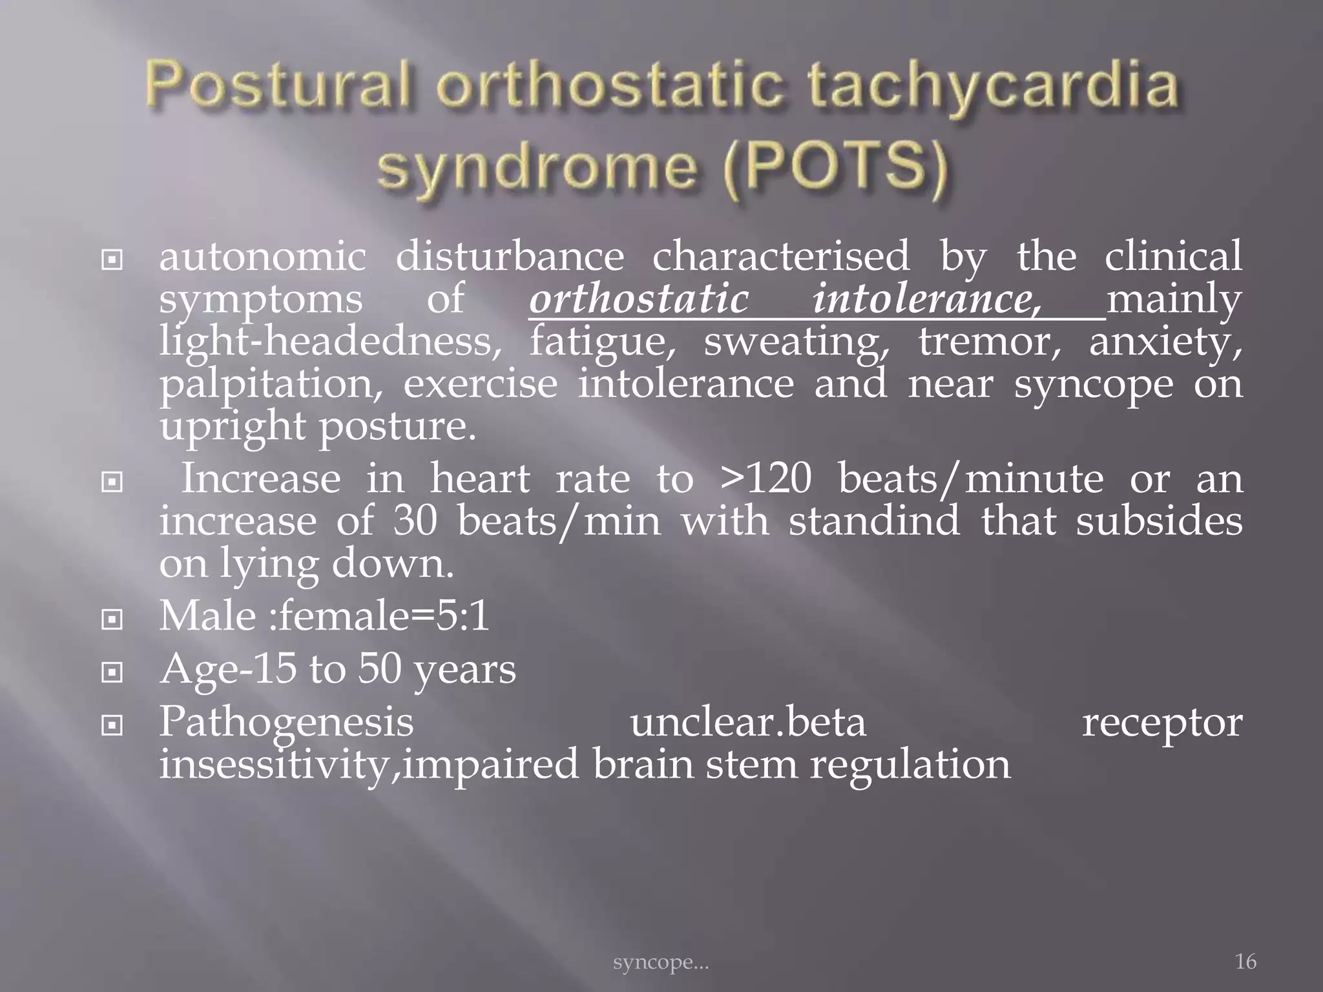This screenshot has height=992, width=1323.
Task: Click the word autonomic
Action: (x=262, y=256)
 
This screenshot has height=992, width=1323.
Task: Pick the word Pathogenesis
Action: (x=286, y=721)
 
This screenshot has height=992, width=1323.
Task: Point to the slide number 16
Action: (x=1245, y=962)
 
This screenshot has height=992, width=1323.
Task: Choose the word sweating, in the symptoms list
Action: (x=797, y=342)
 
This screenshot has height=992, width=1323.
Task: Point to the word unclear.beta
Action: (x=747, y=721)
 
